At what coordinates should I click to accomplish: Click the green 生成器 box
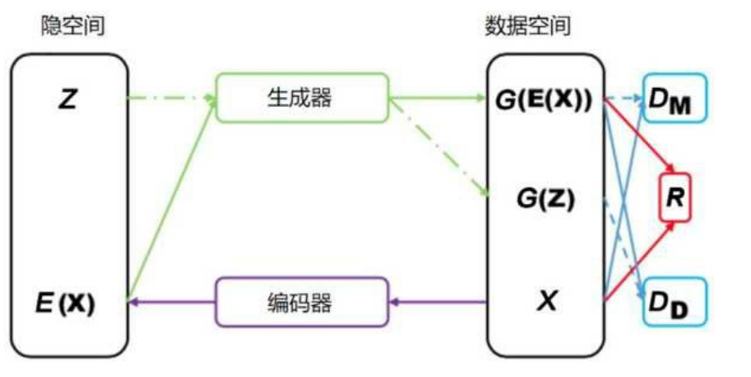pos(301,98)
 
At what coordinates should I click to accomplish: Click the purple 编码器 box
pos(301,303)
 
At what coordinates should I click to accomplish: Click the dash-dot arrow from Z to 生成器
pos(171,99)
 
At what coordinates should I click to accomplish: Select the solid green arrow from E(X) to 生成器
pos(171,204)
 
